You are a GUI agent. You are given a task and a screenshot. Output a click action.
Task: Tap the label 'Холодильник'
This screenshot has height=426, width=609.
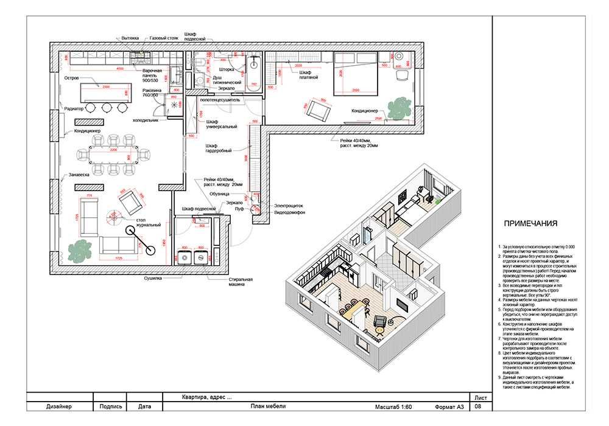tap(146, 120)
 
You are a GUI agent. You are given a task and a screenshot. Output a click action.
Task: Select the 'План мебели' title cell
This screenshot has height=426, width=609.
tap(268, 407)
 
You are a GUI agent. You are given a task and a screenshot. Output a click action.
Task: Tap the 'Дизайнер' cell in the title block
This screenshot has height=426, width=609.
tap(58, 407)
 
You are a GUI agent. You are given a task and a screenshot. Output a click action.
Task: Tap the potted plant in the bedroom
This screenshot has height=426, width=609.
tap(399, 108)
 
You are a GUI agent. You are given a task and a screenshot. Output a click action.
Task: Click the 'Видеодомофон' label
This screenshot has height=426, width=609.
tap(289, 214)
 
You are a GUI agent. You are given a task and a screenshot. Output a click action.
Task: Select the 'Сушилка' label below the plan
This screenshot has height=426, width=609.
tap(153, 278)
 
